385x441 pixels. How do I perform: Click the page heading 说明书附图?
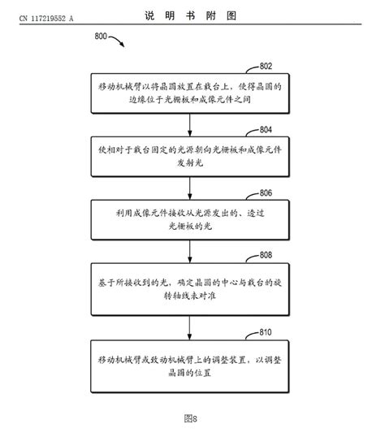191,15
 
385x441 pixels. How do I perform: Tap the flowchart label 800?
103,37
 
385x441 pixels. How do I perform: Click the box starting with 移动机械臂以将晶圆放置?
189,92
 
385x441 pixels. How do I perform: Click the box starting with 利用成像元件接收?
189,218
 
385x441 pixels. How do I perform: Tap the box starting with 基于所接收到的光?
189,288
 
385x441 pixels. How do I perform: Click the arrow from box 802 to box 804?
189,123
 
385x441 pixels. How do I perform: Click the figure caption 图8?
191,417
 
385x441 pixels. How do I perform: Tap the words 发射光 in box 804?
189,162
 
